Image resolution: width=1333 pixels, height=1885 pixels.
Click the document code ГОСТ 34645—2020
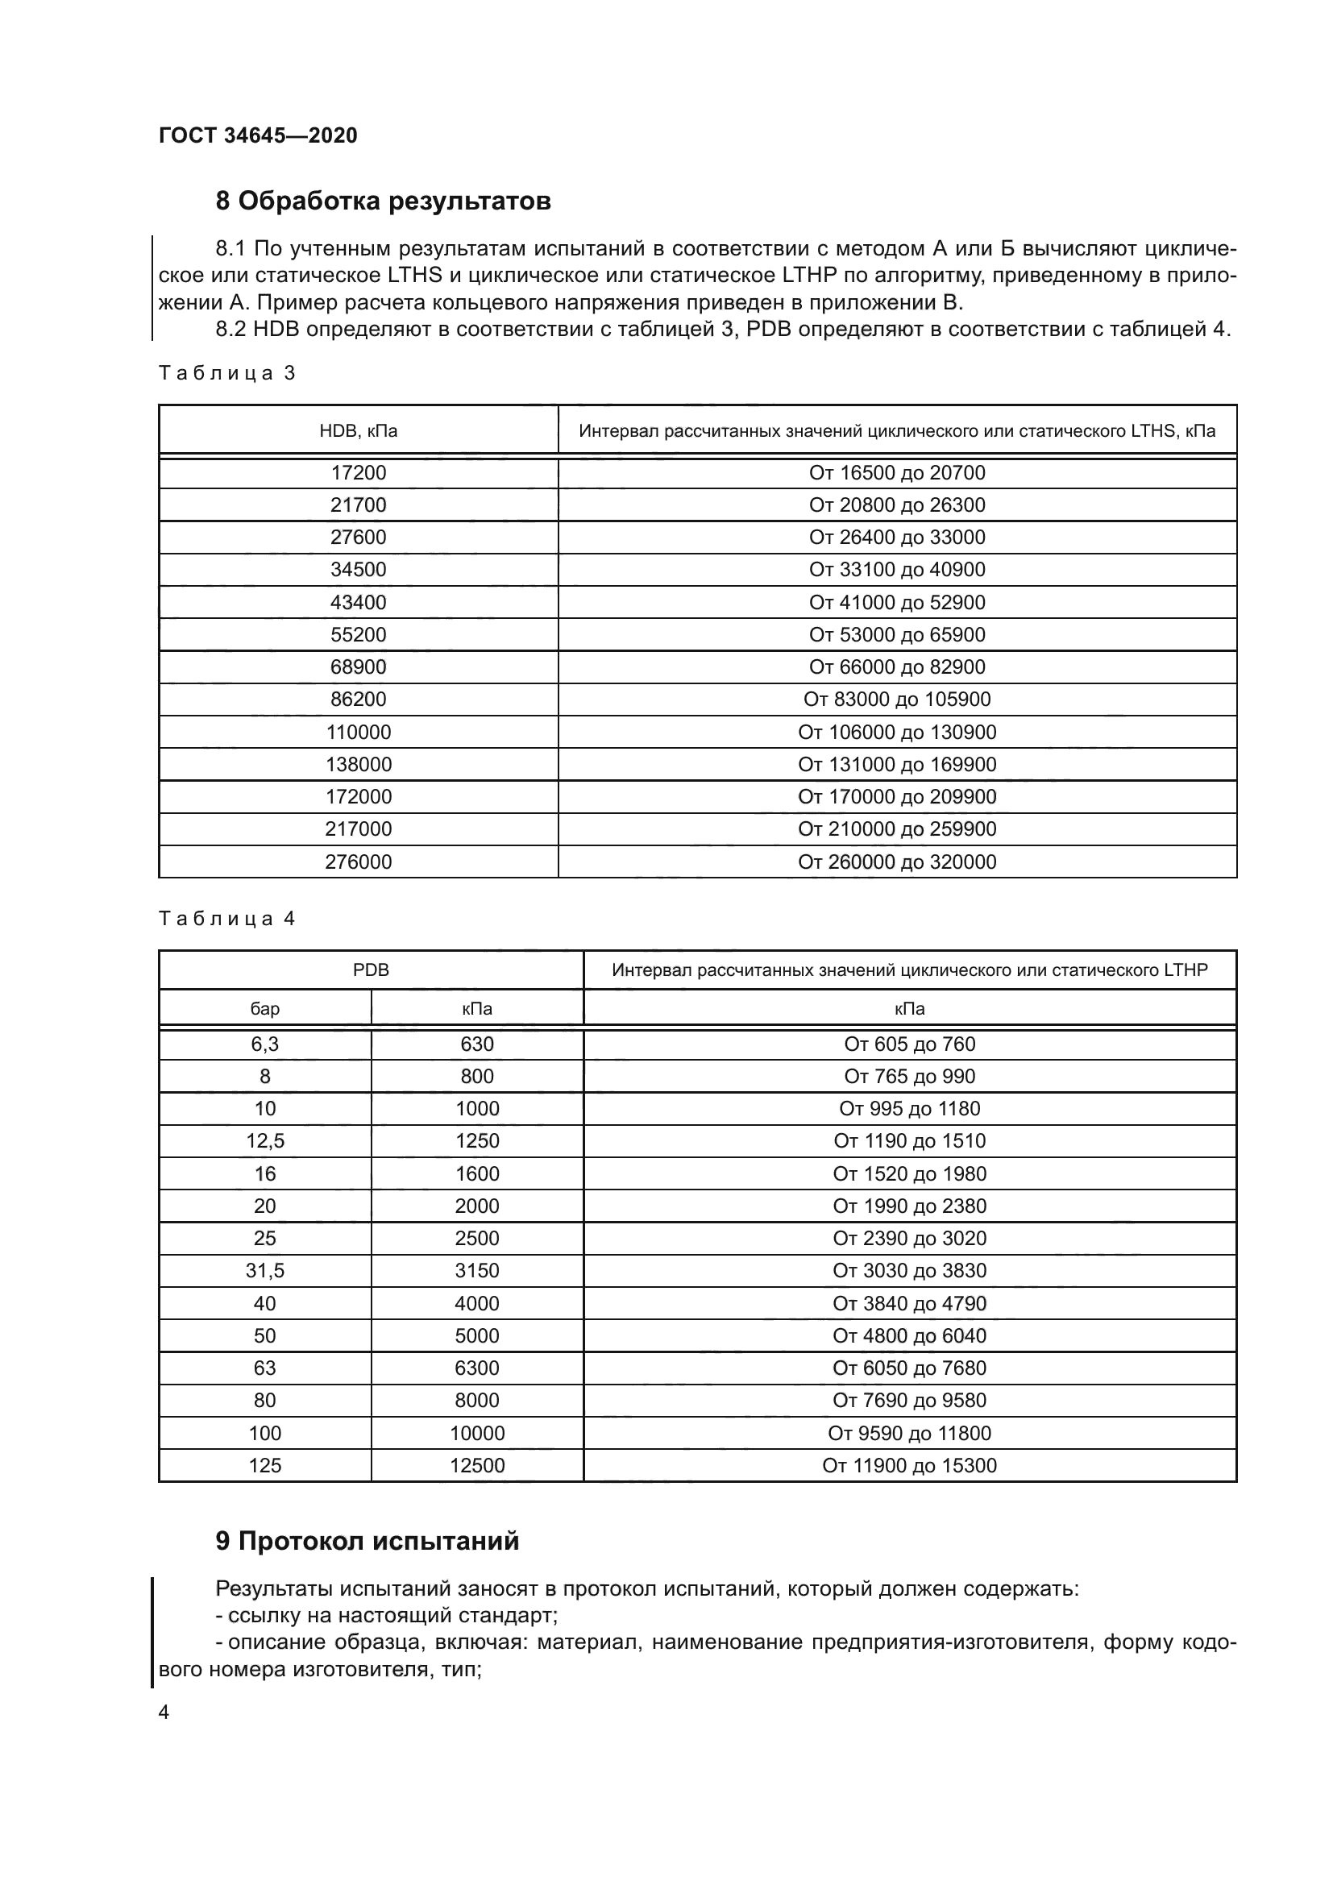pos(258,135)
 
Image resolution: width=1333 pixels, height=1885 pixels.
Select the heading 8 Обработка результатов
pos(383,201)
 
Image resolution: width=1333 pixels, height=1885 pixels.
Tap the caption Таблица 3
pos(226,374)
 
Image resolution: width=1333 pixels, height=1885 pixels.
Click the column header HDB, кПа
pos(358,431)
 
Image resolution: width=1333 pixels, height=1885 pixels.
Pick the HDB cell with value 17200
pos(358,473)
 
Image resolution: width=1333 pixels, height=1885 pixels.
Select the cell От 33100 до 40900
pos(896,570)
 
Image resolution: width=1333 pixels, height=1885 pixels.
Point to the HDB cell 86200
pos(358,700)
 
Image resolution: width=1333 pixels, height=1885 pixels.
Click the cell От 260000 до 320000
pos(896,862)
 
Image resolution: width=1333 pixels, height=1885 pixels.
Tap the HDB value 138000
pos(358,764)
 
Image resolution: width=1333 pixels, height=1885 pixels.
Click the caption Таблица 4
pos(226,919)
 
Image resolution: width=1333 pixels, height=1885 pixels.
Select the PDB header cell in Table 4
pos(370,970)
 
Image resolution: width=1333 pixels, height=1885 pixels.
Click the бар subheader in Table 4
pos(264,1009)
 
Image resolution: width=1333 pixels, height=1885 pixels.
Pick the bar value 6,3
pos(264,1044)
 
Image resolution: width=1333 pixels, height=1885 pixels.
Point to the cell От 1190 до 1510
pos(909,1141)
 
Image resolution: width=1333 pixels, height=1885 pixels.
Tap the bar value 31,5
pos(264,1271)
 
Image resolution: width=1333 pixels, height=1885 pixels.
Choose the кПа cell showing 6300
pos(477,1368)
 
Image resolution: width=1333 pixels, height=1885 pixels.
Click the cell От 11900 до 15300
pos(909,1465)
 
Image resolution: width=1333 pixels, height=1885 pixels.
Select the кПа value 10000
pos(477,1434)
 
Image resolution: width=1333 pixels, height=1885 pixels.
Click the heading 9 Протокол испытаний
pos(367,1542)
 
